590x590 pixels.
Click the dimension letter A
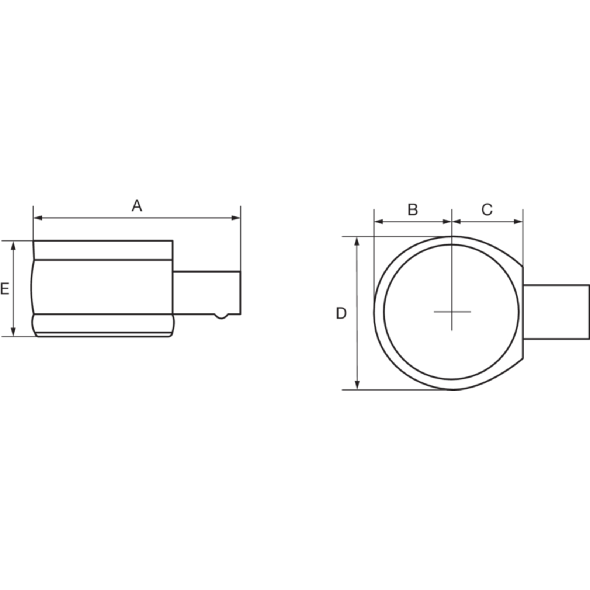point(137,206)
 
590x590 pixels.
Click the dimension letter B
point(413,209)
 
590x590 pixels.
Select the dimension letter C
point(487,209)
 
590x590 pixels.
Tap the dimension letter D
point(341,313)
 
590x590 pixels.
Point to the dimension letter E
point(4,289)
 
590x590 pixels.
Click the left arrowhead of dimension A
point(38,218)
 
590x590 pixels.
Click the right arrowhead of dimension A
point(236,218)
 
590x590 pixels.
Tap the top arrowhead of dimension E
point(14,246)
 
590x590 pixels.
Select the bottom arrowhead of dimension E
point(14,332)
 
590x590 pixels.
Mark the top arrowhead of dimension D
point(357,242)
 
